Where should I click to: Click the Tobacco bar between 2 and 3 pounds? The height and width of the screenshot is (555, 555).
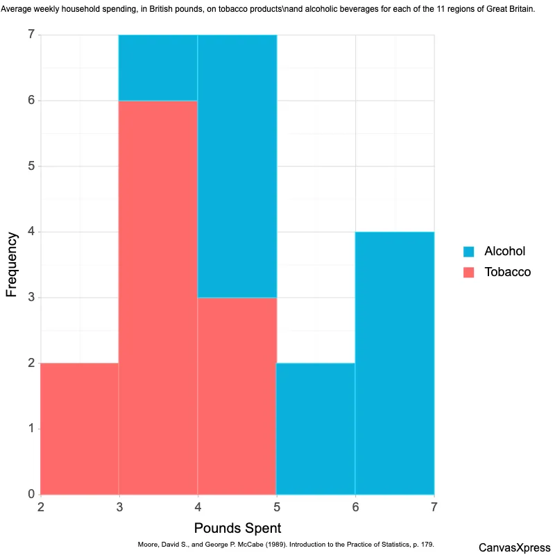click(79, 428)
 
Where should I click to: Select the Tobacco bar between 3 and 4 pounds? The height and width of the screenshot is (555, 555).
click(158, 297)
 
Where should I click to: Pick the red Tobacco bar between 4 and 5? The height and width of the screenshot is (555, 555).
click(237, 395)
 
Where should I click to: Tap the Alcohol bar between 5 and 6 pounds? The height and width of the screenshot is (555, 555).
click(316, 428)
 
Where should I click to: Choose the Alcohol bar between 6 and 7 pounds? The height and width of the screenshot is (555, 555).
click(395, 363)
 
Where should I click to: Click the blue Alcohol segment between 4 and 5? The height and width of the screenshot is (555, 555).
click(237, 166)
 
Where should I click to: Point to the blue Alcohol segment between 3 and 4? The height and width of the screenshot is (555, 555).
click(158, 67)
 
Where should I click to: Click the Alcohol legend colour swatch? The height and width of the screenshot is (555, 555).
click(469, 251)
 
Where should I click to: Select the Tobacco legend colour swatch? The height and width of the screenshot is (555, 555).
click(469, 272)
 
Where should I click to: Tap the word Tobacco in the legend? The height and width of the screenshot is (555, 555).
click(507, 272)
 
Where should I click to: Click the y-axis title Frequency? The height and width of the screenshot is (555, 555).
click(12, 264)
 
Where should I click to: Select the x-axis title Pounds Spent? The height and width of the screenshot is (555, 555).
click(237, 528)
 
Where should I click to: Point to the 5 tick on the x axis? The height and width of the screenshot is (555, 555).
click(277, 508)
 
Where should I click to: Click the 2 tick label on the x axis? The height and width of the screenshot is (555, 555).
click(41, 508)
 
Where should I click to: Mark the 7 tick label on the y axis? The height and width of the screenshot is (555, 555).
click(31, 35)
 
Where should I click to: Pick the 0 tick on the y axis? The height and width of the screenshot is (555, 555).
click(31, 495)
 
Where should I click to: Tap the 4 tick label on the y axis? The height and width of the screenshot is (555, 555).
click(31, 232)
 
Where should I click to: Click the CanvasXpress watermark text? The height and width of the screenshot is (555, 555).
click(515, 547)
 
